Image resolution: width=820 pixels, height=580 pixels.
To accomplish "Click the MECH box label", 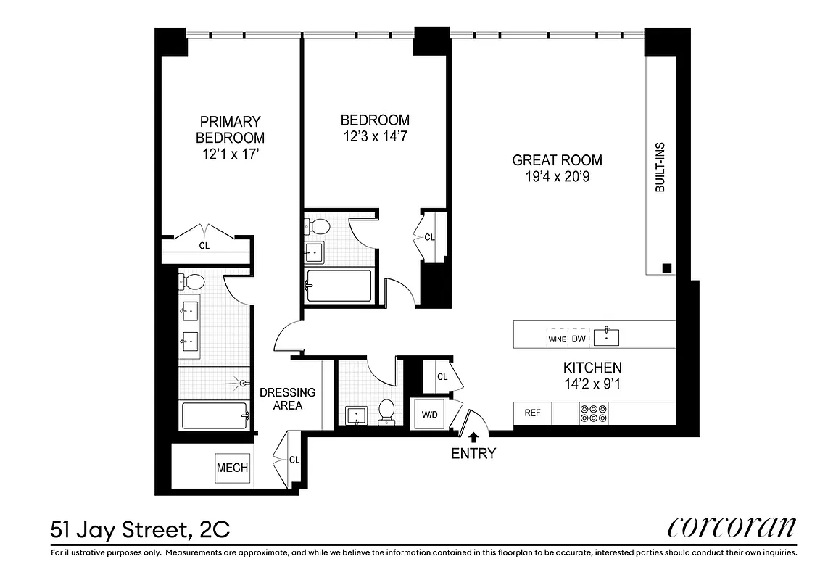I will click(232, 468).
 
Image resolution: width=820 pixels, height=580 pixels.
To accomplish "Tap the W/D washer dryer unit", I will click(429, 415).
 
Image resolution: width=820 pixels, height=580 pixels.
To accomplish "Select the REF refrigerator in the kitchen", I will click(532, 413).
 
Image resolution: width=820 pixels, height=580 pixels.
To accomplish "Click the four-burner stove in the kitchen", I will click(593, 413).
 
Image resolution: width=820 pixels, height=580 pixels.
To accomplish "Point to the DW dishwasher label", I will click(578, 339).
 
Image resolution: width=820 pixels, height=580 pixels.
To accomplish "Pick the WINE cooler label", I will click(557, 339).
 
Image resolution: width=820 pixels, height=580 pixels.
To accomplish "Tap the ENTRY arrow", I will click(473, 436).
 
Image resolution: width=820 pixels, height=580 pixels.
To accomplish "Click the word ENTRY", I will click(473, 454).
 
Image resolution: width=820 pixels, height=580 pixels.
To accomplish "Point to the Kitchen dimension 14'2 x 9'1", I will click(592, 384).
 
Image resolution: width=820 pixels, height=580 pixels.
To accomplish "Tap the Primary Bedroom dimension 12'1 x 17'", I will click(230, 154).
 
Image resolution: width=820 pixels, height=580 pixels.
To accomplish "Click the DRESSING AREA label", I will click(288, 399).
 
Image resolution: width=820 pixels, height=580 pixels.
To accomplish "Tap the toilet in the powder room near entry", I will click(387, 411).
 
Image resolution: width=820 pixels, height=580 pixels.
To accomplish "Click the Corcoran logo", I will click(732, 526).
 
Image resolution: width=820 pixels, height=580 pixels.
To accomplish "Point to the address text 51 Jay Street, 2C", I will click(140, 529).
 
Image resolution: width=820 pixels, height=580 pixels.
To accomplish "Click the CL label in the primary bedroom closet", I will click(204, 245).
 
